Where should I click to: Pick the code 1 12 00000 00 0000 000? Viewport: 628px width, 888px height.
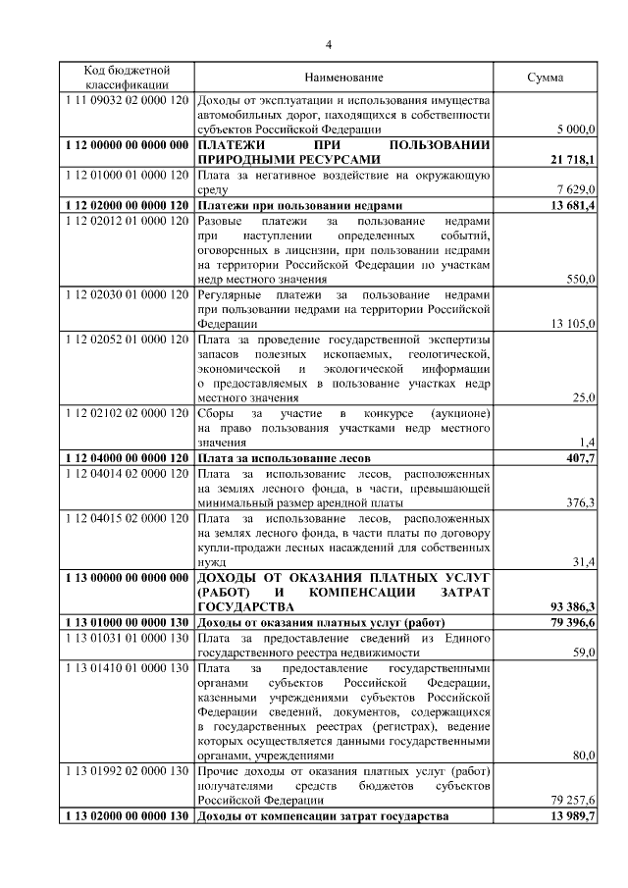(x=127, y=144)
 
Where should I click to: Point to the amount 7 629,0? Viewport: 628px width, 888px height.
(x=575, y=188)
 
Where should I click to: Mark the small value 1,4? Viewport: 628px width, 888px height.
(x=587, y=444)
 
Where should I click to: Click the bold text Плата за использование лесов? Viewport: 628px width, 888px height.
(x=286, y=458)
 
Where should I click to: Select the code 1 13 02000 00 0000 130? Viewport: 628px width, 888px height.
(x=127, y=816)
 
